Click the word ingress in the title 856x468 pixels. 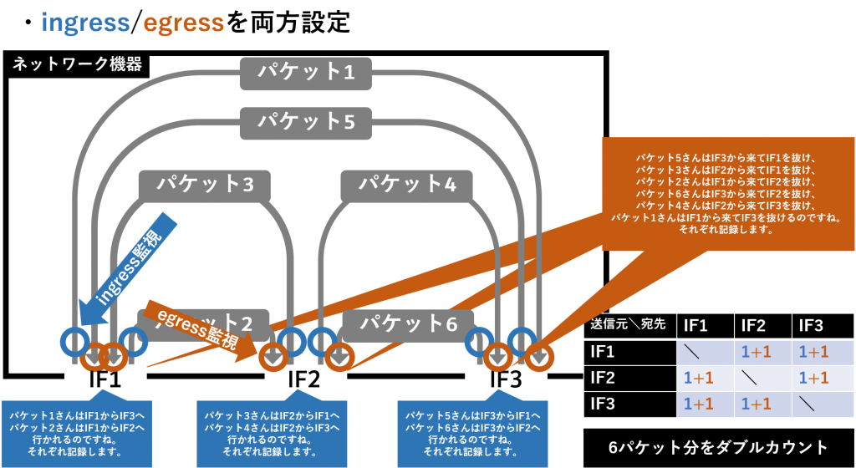point(85,23)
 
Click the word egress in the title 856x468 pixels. point(183,23)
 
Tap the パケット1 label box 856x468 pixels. point(306,73)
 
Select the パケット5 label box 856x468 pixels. point(306,121)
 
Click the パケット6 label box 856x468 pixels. point(408,323)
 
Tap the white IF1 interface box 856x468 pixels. point(105,379)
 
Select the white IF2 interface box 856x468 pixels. point(304,379)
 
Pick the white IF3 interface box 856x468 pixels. point(506,379)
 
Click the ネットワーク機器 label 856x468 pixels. point(77,64)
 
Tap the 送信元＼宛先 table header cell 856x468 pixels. point(629,325)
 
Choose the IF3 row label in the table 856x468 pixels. point(603,404)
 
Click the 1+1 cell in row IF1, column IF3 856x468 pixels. point(812,352)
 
